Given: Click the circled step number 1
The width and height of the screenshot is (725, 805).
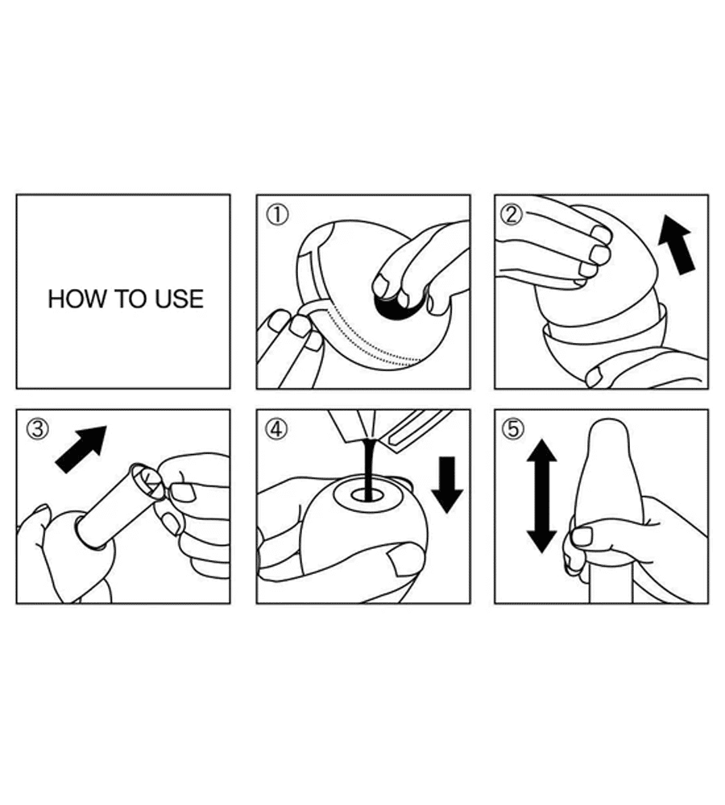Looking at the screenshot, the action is point(277,215).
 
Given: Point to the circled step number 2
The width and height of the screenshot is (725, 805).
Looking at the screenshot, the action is point(512,215).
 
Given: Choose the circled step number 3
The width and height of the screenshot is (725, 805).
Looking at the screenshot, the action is point(38,429).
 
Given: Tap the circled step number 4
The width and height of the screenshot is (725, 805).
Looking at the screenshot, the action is point(277,429).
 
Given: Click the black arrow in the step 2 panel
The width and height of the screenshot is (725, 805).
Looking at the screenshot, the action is point(677,245).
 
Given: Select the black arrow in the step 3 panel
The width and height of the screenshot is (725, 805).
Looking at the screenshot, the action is point(81,449).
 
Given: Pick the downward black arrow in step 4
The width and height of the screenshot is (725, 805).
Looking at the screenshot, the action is point(447,484).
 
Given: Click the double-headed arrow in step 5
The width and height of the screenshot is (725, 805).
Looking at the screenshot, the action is point(541,496).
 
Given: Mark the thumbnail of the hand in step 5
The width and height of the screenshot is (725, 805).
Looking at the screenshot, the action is point(582,536).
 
